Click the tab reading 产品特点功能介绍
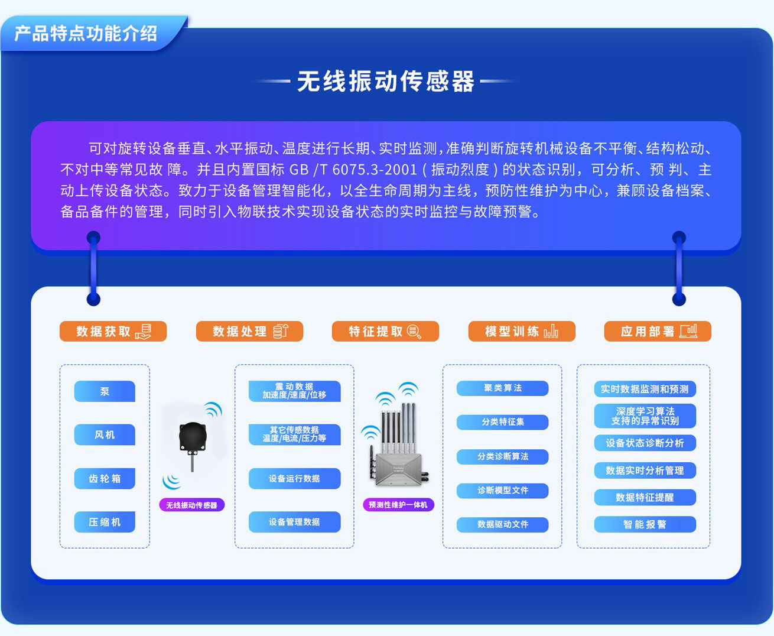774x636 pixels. point(86,34)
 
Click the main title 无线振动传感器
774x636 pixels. point(386,82)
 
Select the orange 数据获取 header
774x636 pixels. point(113,332)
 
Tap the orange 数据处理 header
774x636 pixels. point(249,332)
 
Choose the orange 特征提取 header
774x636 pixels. point(385,332)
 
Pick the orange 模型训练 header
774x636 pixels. point(521,332)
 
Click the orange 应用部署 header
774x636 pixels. point(657,332)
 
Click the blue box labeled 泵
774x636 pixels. point(105,391)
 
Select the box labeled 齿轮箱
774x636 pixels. point(105,479)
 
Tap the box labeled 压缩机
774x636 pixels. point(105,522)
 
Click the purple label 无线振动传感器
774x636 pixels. point(191,505)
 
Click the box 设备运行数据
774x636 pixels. point(294,479)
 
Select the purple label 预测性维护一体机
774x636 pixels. point(398,505)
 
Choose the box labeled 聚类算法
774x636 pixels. point(502,388)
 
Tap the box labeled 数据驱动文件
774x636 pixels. point(502,524)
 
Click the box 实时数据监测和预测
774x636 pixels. point(645,389)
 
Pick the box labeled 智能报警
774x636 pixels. point(645,524)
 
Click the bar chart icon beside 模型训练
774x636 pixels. point(551,332)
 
